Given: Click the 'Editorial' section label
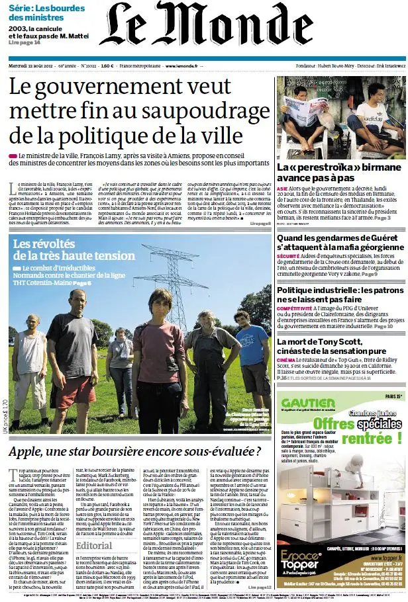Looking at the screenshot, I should coord(94,545).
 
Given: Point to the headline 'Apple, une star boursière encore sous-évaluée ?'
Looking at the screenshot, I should coord(135,452).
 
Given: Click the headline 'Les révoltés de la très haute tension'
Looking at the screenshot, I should coord(74,249).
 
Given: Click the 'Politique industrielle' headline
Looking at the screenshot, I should coord(337,295).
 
